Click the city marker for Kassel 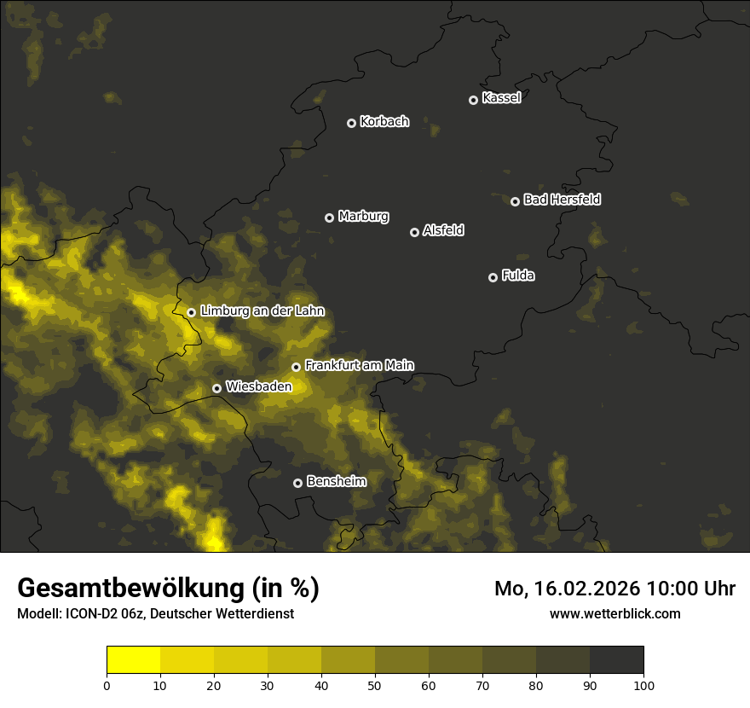coord(473,100)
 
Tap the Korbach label coord(384,122)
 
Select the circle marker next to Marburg coord(329,218)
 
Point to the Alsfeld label coord(443,231)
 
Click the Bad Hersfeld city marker coord(515,201)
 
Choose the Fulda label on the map coord(518,276)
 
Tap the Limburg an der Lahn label coord(262,311)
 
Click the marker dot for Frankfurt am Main coord(296,367)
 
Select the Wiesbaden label coord(258,386)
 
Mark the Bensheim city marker coord(297,483)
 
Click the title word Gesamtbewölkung coord(131,589)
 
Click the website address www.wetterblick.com coord(614,613)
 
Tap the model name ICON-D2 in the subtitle coord(91,613)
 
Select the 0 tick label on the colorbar coord(107,685)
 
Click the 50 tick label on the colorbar coord(375,685)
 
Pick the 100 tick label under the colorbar coord(643,685)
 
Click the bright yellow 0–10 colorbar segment coord(133,660)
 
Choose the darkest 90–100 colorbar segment coord(616,660)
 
